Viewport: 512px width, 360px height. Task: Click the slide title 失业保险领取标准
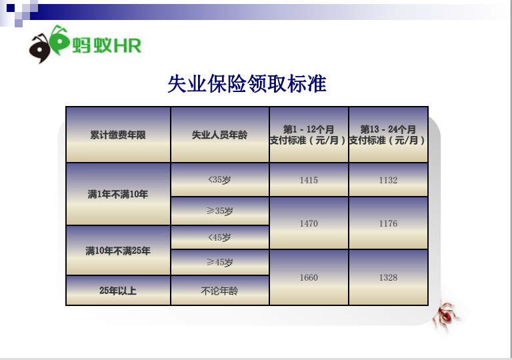tap(247, 83)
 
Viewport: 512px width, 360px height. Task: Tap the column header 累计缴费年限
tap(118, 135)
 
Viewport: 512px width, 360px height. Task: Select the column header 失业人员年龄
tap(219, 135)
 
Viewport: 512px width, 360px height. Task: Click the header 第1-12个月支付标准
tap(307, 135)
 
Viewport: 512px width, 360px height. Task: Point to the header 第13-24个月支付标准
tap(387, 135)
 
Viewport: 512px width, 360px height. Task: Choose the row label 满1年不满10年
tap(118, 195)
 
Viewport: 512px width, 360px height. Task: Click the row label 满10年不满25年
tap(118, 251)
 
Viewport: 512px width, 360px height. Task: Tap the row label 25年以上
tap(118, 291)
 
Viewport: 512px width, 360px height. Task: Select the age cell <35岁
tap(219, 180)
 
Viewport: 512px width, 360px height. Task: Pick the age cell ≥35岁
tap(219, 211)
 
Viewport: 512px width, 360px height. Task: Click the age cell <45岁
tap(219, 237)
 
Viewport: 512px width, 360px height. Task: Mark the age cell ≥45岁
tap(219, 262)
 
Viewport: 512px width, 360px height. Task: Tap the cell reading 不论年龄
tap(219, 291)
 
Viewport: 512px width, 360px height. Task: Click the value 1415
tap(309, 180)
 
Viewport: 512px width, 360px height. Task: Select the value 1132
tap(388, 180)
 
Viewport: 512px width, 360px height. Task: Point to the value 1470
tap(309, 223)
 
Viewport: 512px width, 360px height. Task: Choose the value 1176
tap(388, 223)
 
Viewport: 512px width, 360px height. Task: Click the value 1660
tap(309, 278)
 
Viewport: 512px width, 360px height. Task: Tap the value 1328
tap(388, 278)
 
